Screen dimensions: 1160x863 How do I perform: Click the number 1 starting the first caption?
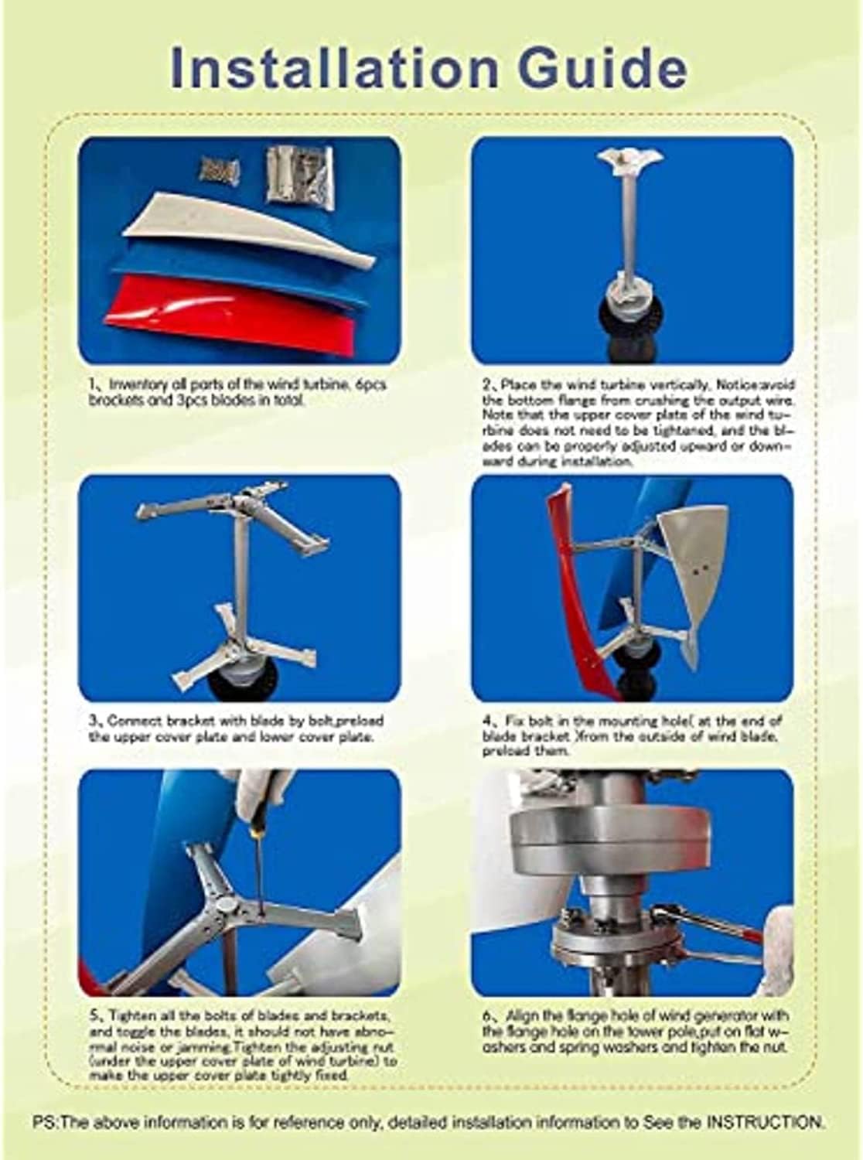click(91, 384)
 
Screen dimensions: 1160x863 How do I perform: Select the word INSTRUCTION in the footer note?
click(766, 1121)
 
